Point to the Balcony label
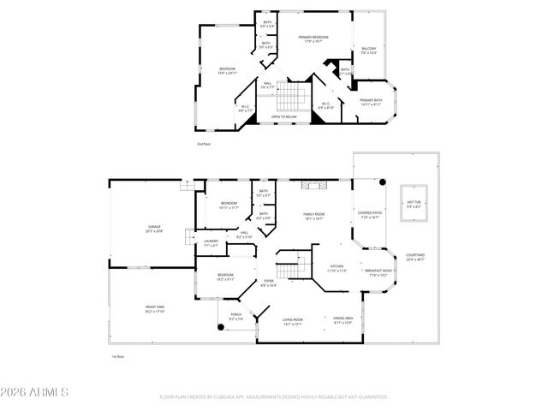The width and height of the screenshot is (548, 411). [x=369, y=51]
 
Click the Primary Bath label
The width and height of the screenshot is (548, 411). [x=371, y=103]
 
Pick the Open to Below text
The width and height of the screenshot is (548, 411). [x=284, y=116]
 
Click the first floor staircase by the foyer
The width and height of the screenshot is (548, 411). [x=296, y=266]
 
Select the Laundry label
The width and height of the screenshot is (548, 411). [x=211, y=243]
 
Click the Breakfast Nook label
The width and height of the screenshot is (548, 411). [x=380, y=275]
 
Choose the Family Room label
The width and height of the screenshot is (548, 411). [x=314, y=217]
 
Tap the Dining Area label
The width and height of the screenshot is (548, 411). [x=343, y=319]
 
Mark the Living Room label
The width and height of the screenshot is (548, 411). [x=293, y=322]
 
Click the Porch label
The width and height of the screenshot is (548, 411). [x=235, y=317]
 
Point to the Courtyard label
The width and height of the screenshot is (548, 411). [x=415, y=257]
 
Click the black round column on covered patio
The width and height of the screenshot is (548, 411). [x=384, y=182]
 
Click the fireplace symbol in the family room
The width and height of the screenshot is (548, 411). [x=319, y=183]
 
